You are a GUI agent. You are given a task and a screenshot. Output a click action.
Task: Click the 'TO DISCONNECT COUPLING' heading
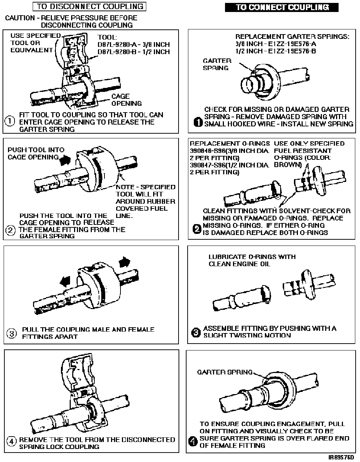[x=90, y=6]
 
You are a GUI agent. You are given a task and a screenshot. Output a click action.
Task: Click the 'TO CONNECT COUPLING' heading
[x=282, y=7]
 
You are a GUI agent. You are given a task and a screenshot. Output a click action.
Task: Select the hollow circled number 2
[x=11, y=230]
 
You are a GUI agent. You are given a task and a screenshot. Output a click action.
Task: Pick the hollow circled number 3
[x=12, y=333]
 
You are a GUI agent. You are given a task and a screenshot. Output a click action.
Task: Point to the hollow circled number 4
[x=12, y=442]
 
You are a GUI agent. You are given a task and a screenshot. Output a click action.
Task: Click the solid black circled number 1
[x=198, y=123]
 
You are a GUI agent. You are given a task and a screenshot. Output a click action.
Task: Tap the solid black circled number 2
[x=196, y=229]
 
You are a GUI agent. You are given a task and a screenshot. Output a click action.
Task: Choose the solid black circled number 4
[x=193, y=442]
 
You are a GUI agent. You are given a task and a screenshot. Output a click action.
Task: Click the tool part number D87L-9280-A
[x=120, y=45]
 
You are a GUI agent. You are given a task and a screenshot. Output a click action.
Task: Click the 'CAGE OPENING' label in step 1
[x=121, y=100]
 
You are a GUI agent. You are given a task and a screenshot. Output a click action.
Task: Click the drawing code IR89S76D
[x=341, y=457]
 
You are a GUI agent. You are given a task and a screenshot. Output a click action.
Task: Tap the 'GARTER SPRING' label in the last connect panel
[x=225, y=372]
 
